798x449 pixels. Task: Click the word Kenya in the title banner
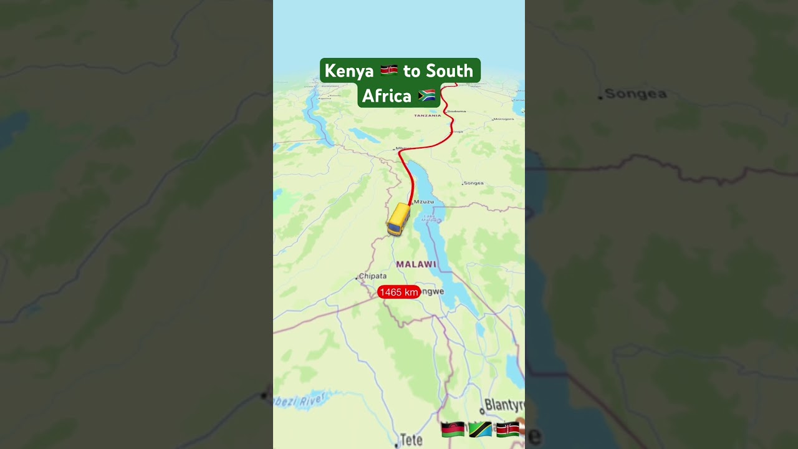(349, 71)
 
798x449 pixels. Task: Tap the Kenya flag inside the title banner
(389, 70)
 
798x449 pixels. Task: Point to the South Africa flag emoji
(427, 95)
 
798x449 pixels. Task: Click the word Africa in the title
(387, 96)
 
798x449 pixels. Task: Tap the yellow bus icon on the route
(398, 219)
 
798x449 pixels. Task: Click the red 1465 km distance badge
(399, 292)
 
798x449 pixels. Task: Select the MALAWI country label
(416, 264)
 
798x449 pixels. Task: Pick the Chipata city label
(373, 276)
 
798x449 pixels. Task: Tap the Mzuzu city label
(424, 201)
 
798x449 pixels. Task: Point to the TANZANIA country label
(428, 115)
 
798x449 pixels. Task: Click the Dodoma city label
(456, 111)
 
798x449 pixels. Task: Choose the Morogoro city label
(504, 118)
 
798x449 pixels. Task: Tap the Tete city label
(411, 440)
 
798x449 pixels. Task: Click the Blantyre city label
(504, 405)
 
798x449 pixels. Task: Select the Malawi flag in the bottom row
(453, 429)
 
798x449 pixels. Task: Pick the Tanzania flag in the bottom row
(480, 429)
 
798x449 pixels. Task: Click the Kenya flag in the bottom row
(507, 429)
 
